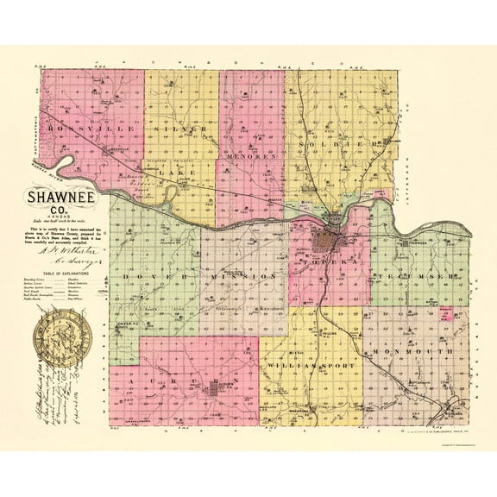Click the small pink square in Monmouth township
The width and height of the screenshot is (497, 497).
446,312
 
